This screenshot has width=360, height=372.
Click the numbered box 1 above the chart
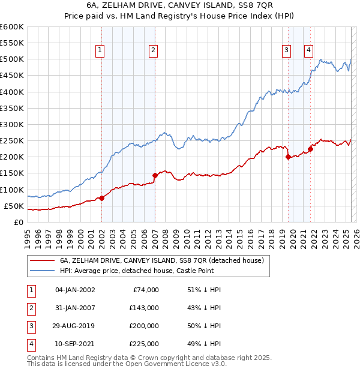click(100, 51)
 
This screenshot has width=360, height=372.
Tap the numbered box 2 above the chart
click(154, 51)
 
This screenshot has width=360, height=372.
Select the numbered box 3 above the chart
click(287, 51)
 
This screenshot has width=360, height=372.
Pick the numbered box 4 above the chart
click(308, 51)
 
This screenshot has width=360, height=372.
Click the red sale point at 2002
click(101, 198)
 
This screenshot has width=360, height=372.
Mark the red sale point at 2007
click(155, 175)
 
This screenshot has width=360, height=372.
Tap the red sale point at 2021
click(310, 149)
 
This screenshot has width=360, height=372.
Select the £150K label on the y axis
click(12, 173)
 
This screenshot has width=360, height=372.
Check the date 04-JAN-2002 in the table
click(75, 289)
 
